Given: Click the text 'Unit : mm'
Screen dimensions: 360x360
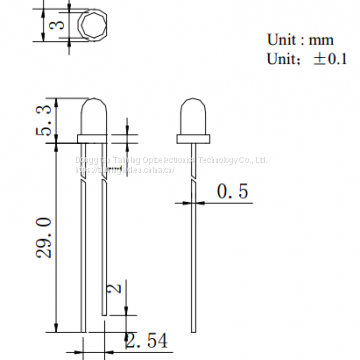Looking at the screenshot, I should pyautogui.click(x=299, y=39).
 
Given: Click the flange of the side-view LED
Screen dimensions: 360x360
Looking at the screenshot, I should pyautogui.click(x=192, y=135).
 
